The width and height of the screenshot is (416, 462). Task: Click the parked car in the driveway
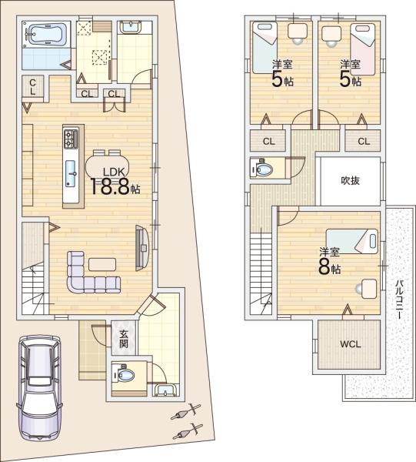tap(40, 388)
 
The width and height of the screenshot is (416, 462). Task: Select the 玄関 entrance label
tap(124, 339)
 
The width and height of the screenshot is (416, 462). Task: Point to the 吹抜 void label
tap(350, 180)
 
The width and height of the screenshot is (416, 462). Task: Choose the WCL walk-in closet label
tap(351, 344)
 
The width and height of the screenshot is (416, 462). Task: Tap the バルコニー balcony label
tap(399, 300)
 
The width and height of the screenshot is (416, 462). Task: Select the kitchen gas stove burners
tap(71, 138)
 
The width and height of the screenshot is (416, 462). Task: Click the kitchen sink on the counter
tap(71, 173)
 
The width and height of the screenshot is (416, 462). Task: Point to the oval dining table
tap(108, 166)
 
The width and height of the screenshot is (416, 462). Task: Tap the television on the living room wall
tap(142, 248)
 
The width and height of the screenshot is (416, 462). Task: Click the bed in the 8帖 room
tap(352, 241)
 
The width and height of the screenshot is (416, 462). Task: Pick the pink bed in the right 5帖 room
tap(363, 49)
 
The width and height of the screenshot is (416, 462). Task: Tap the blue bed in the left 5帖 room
tap(265, 48)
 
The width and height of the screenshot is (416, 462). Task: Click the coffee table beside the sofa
tap(102, 264)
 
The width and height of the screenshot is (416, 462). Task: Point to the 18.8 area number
tap(110, 187)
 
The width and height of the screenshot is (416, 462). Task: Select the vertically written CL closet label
tap(32, 86)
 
